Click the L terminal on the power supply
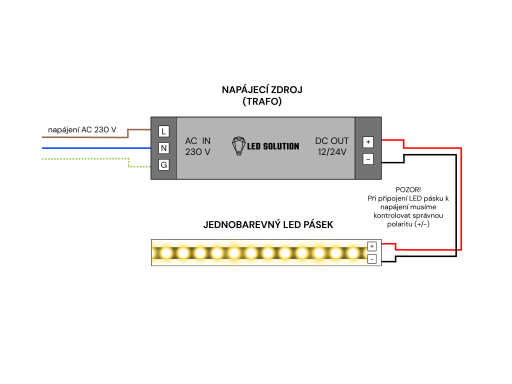(x=163, y=131)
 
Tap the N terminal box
(x=163, y=148)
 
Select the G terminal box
(x=163, y=165)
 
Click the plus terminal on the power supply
(x=368, y=142)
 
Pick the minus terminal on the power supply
(x=368, y=159)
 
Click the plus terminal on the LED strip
(x=372, y=246)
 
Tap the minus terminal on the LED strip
(x=372, y=259)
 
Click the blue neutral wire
(x=96, y=148)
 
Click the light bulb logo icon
(x=238, y=146)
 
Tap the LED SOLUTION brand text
(x=273, y=146)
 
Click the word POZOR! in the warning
(x=408, y=189)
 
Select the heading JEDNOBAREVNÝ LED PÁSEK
(x=268, y=224)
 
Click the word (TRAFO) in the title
(x=262, y=101)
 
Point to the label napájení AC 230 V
(x=82, y=129)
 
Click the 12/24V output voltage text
(x=332, y=152)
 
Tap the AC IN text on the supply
(x=198, y=140)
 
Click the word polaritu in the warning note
(x=400, y=224)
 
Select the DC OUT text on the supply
(x=332, y=140)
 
